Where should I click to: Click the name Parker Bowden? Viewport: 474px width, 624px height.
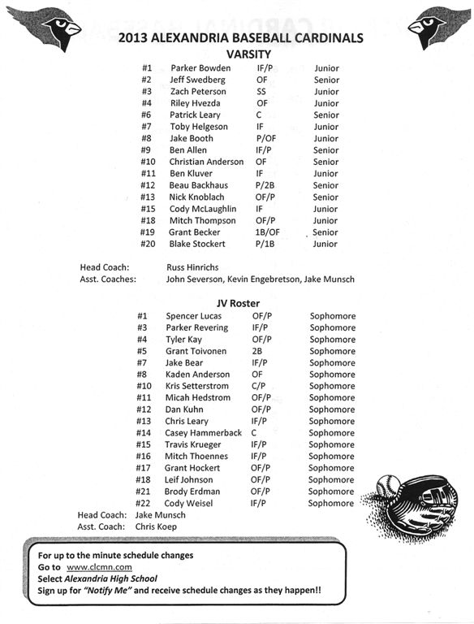(x=200, y=68)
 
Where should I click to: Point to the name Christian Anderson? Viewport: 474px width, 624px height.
(x=206, y=162)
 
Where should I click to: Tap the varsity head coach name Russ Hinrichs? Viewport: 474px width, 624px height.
(x=192, y=266)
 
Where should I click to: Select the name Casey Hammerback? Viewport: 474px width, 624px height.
(x=204, y=433)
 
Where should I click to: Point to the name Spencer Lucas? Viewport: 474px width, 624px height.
(x=193, y=315)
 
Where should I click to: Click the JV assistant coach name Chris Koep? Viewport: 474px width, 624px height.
(x=157, y=526)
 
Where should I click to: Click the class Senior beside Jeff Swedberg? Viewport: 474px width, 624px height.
(x=326, y=80)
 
